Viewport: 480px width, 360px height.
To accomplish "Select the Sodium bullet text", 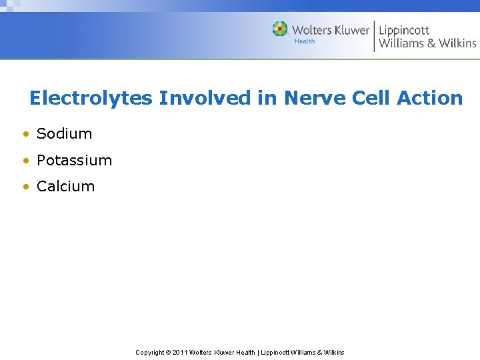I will pos(64,133).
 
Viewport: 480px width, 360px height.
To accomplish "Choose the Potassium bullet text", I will pos(74,161).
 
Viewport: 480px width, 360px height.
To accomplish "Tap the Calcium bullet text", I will pos(65,187).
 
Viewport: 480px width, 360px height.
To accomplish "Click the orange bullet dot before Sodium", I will pos(25,134).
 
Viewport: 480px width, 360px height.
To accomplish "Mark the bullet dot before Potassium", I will pos(25,161).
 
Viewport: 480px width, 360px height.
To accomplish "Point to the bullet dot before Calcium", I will pos(25,187).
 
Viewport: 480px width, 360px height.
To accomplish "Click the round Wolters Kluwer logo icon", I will pos(280,29).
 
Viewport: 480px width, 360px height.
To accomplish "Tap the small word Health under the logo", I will pos(304,41).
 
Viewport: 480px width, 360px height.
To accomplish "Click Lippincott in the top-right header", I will pos(404,30).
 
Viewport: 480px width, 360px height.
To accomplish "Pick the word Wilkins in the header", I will pos(457,43).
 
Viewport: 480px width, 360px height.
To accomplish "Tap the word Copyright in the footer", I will pos(151,353).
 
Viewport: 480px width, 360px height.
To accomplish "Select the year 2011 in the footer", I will pos(180,353).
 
